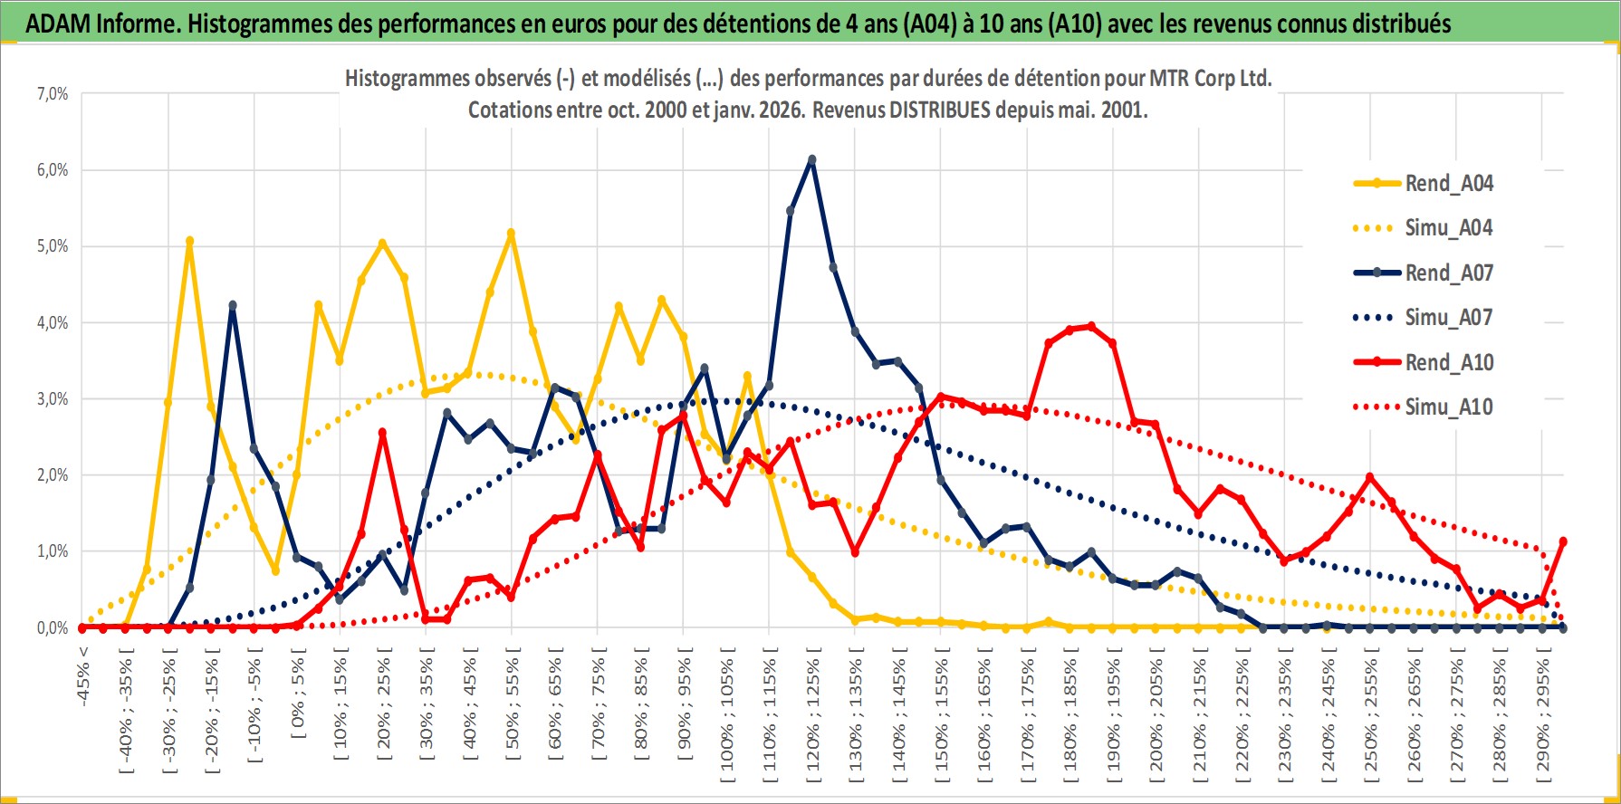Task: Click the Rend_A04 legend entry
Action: coord(1448,184)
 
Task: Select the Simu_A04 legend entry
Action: coord(1448,228)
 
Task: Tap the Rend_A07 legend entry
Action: coord(1448,273)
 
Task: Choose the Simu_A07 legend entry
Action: coord(1448,318)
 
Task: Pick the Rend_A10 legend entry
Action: coord(1448,362)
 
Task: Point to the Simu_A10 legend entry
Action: coord(1448,407)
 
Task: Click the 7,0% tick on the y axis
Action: coord(53,94)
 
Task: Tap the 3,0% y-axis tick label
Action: coord(53,399)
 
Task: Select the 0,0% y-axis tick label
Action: coord(53,627)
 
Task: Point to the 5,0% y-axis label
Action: coord(53,246)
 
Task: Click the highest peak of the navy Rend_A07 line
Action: coord(811,160)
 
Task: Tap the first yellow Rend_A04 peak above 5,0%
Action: coord(189,242)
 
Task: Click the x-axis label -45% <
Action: coord(83,675)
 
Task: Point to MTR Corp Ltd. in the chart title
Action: coord(1210,79)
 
